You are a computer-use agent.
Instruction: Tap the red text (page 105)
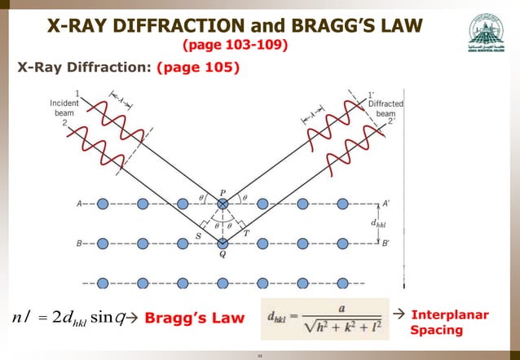pyautogui.click(x=201, y=68)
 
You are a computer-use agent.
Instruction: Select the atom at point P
pyautogui.click(x=223, y=204)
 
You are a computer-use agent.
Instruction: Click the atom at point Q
pyautogui.click(x=223, y=243)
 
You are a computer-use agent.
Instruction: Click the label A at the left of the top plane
pyautogui.click(x=78, y=204)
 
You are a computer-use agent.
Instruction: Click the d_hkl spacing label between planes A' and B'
pyautogui.click(x=378, y=223)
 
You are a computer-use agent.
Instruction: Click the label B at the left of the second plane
pyautogui.click(x=78, y=243)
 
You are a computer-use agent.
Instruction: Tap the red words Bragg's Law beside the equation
pyautogui.click(x=194, y=318)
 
